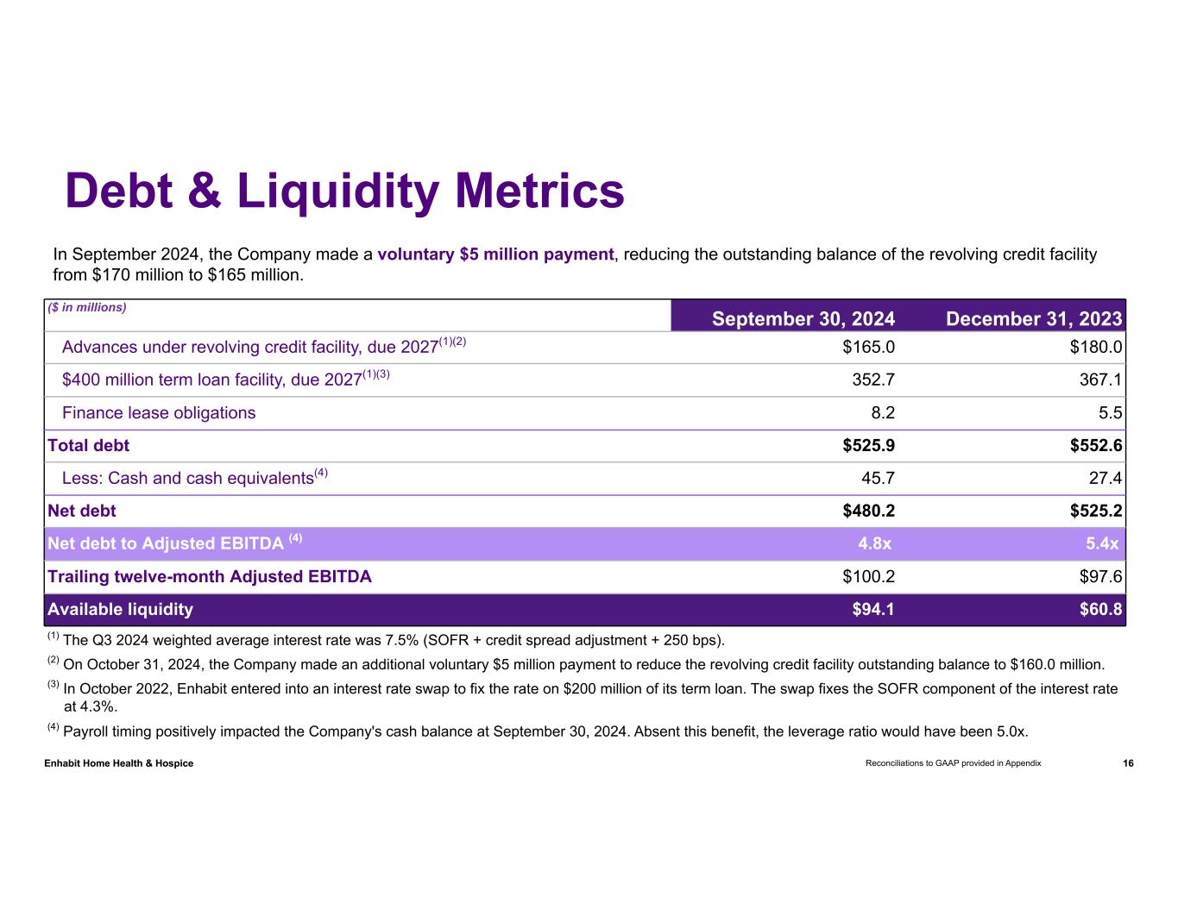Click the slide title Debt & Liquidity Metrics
(x=344, y=191)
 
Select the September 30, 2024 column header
(x=803, y=319)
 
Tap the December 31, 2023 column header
(x=1033, y=319)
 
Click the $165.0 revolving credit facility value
(x=868, y=347)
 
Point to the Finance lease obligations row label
(x=159, y=412)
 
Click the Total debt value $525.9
(x=868, y=445)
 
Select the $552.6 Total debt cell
(x=1096, y=445)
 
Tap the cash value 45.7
(x=876, y=478)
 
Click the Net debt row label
(x=82, y=511)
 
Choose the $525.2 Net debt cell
(x=1096, y=511)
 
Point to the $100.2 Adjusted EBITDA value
(x=868, y=576)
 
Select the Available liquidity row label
(x=120, y=609)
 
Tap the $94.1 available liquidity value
(x=872, y=609)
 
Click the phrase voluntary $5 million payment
(x=495, y=254)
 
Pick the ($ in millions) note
(x=87, y=307)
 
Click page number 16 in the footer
(x=1128, y=763)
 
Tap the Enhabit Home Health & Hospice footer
(x=119, y=763)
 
